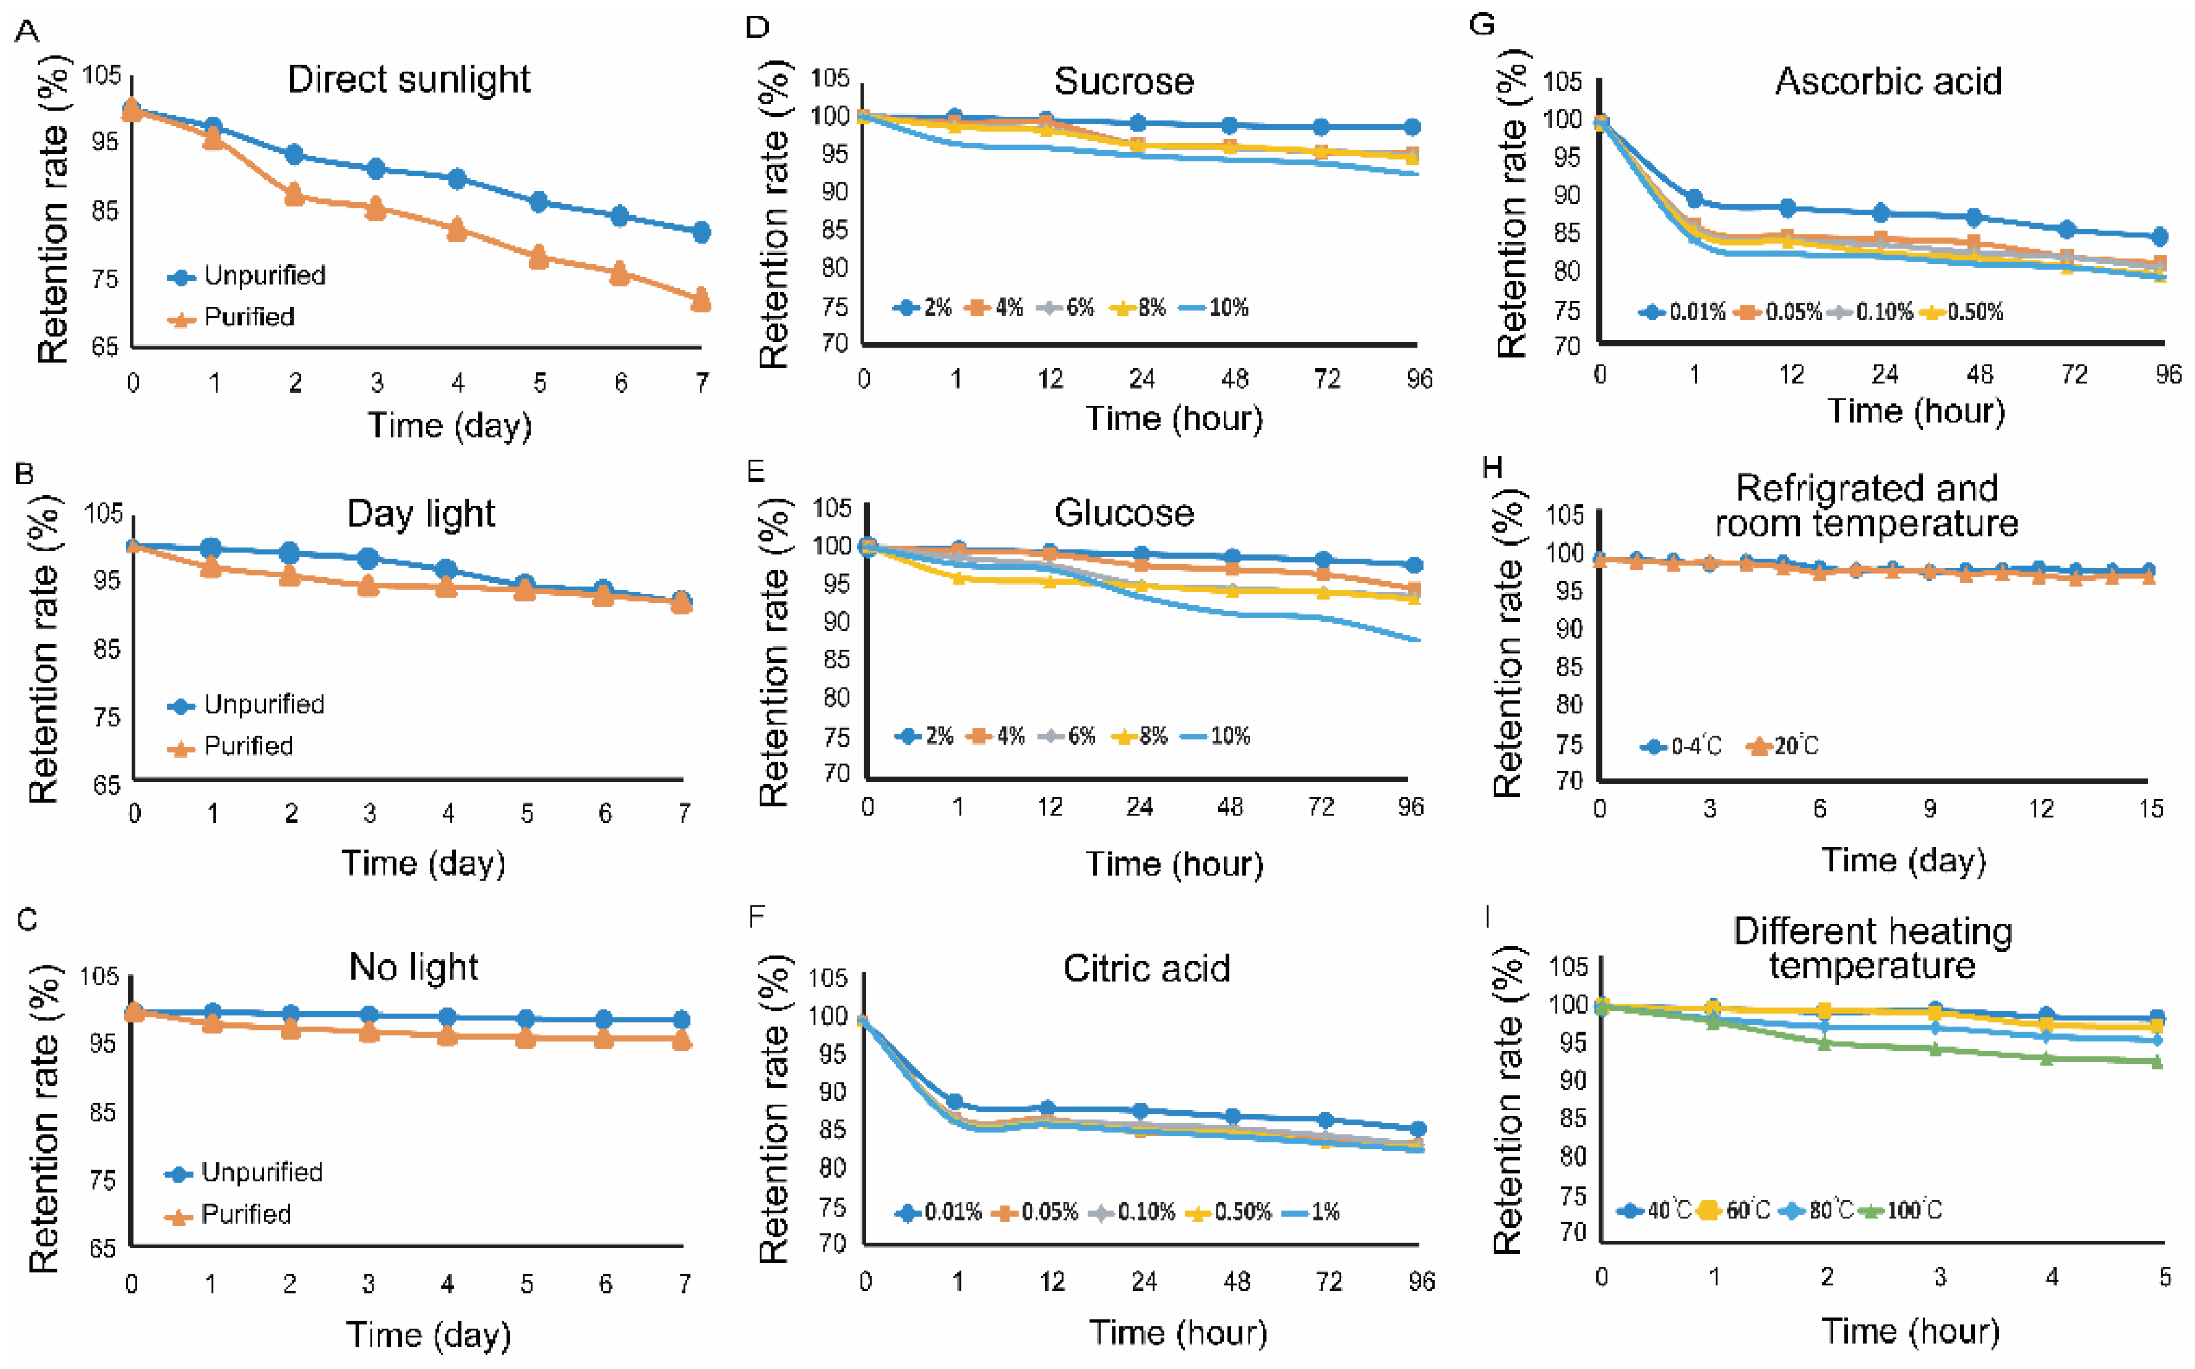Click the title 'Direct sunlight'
(x=408, y=80)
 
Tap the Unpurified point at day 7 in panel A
(x=701, y=233)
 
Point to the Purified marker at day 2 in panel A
(x=294, y=195)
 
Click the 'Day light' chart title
(x=421, y=514)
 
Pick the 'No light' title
(x=414, y=967)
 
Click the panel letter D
(x=757, y=27)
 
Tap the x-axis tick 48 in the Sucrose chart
(x=1235, y=379)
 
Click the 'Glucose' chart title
(x=1124, y=513)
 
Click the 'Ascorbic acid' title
(x=1888, y=82)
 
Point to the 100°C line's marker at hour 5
(x=2157, y=1062)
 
